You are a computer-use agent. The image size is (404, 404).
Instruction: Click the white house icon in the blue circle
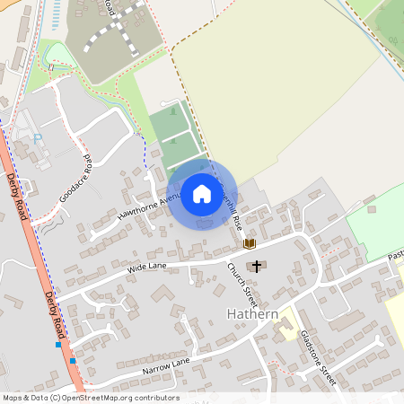pyautogui.click(x=202, y=194)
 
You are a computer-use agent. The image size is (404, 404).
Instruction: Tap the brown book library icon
pyautogui.click(x=250, y=243)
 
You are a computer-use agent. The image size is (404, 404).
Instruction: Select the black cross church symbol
pyautogui.click(x=258, y=266)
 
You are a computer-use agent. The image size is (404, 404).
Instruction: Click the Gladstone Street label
pyautogui.click(x=318, y=358)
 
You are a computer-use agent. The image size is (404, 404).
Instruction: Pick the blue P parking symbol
pyautogui.click(x=38, y=138)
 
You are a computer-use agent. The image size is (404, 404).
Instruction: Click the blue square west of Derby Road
pyautogui.click(x=58, y=344)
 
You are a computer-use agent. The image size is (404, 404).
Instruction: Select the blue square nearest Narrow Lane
pyautogui.click(x=73, y=360)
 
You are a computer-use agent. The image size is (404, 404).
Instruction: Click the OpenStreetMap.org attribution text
pyautogui.click(x=117, y=398)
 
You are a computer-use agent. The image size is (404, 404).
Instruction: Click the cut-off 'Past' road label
pyautogui.click(x=394, y=256)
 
